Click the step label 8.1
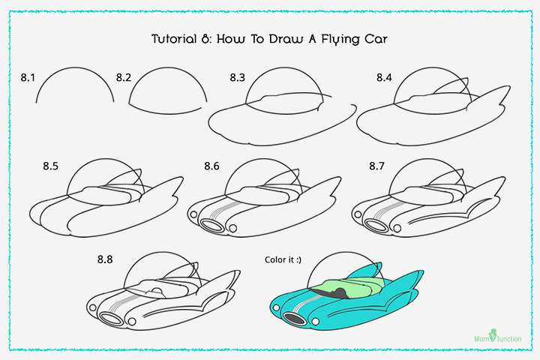[x=29, y=77]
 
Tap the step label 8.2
[x=124, y=77]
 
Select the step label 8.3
[x=238, y=77]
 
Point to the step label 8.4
[x=385, y=77]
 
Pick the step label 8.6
[x=211, y=166]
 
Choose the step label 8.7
[x=377, y=165]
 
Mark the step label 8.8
[x=106, y=259]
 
